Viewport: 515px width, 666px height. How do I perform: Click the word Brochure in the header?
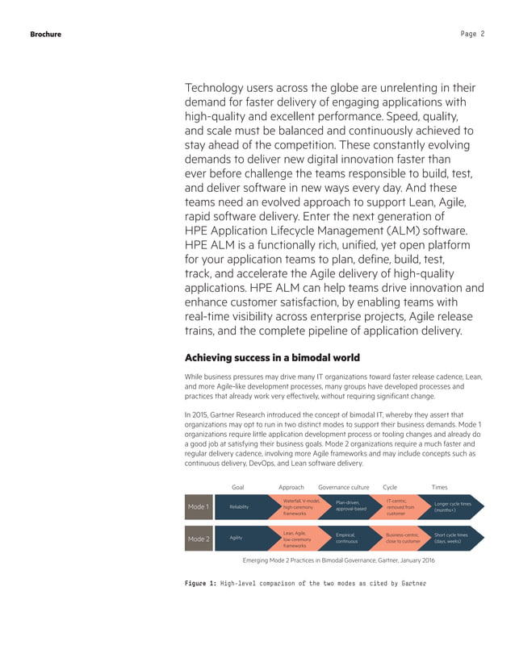pyautogui.click(x=45, y=34)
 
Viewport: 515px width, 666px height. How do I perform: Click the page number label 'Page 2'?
pyautogui.click(x=472, y=34)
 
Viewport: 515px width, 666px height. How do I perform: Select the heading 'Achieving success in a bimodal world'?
pyautogui.click(x=272, y=358)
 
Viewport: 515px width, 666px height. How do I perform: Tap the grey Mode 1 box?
pyautogui.click(x=198, y=507)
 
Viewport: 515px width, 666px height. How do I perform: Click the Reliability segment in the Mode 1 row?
pyautogui.click(x=240, y=507)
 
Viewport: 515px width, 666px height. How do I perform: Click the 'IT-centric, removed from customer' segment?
pyautogui.click(x=401, y=507)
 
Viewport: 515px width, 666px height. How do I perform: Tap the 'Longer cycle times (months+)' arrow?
pyautogui.click(x=454, y=507)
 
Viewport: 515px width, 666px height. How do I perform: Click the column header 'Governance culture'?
pyautogui.click(x=344, y=488)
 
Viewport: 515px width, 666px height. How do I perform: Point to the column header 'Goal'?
pyautogui.click(x=238, y=488)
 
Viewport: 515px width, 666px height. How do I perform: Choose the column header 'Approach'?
pyautogui.click(x=291, y=488)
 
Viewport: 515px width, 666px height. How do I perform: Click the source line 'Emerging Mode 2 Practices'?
pyautogui.click(x=327, y=560)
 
